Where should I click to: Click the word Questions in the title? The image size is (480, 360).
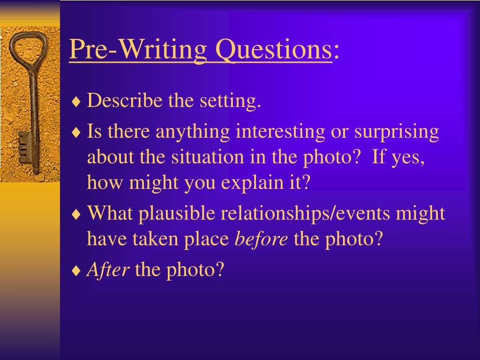(274, 49)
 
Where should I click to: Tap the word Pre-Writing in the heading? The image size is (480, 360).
(138, 49)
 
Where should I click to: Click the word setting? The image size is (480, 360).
(230, 101)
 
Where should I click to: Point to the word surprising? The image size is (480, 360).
(397, 132)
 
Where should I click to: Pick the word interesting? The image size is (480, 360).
(280, 132)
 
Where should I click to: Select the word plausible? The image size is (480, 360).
(177, 213)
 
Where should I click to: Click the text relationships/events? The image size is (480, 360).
(305, 213)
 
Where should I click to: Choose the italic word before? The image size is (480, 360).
(261, 239)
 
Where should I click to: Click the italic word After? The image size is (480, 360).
(108, 270)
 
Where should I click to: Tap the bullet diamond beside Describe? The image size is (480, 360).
(76, 102)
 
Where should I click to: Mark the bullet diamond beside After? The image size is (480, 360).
(76, 271)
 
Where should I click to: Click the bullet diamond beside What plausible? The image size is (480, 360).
(76, 215)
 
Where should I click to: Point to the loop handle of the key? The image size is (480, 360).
(28, 34)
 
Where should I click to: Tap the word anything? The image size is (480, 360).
(193, 132)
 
